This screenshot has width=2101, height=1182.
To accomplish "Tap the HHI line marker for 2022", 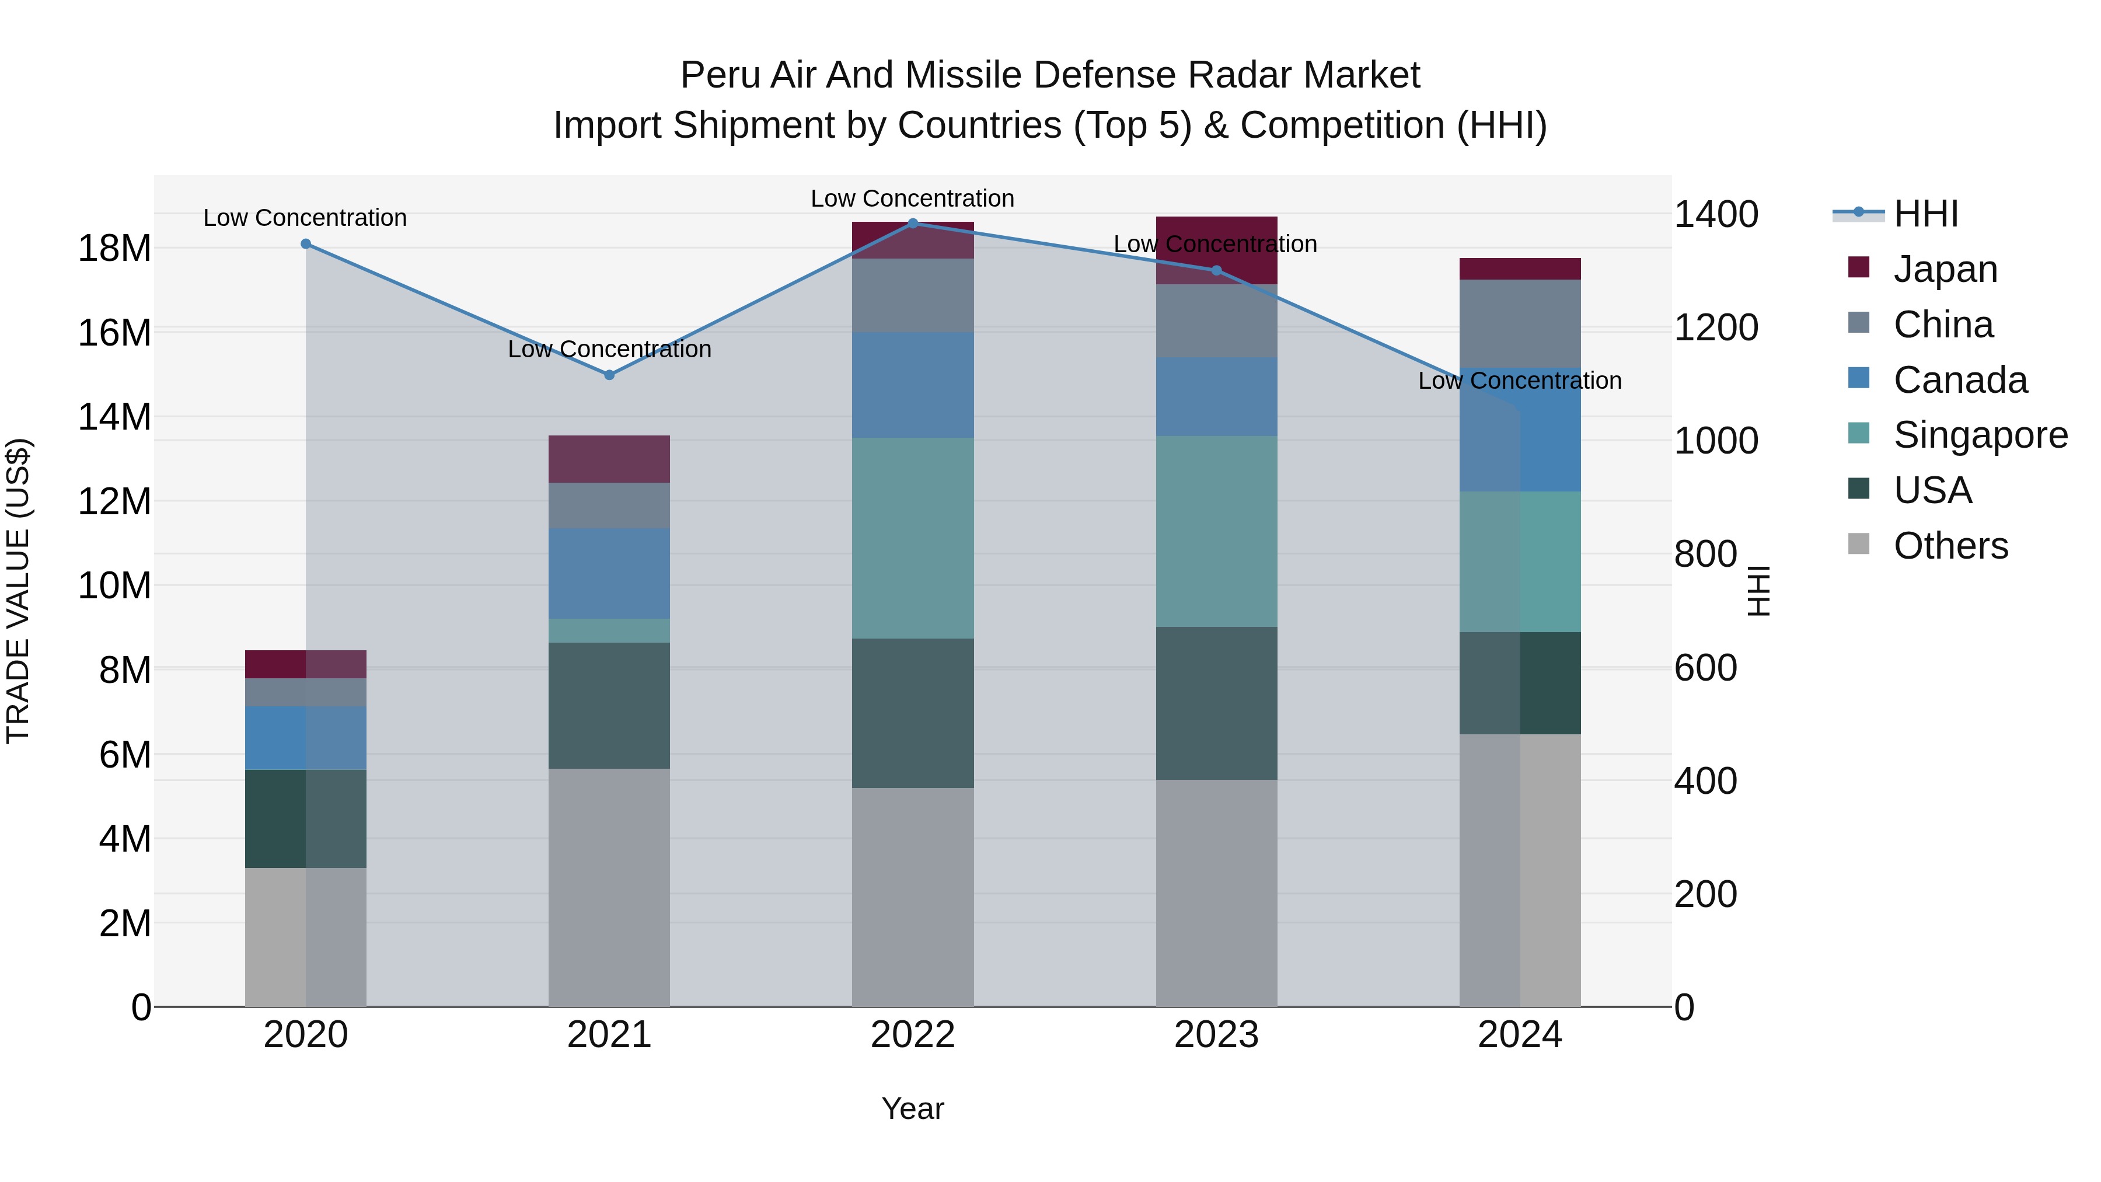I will click(913, 224).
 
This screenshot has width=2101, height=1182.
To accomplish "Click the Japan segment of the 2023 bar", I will click(1216, 250).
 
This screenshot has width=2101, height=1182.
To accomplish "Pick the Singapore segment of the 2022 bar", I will click(913, 538).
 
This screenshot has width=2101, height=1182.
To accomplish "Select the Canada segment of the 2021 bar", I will click(609, 573).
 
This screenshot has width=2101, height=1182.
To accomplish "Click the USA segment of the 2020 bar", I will click(306, 819).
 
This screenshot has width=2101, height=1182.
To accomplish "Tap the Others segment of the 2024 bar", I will click(1520, 870).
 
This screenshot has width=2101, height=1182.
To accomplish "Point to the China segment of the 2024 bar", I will click(1520, 324).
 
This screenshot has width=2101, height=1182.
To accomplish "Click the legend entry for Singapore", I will click(1980, 435).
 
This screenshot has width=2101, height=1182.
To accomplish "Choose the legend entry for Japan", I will click(1945, 269).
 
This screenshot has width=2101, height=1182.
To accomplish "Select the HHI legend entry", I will click(1925, 214).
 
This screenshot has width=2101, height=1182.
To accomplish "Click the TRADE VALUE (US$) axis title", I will click(18, 591).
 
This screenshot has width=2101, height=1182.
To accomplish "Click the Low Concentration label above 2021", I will click(609, 349).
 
